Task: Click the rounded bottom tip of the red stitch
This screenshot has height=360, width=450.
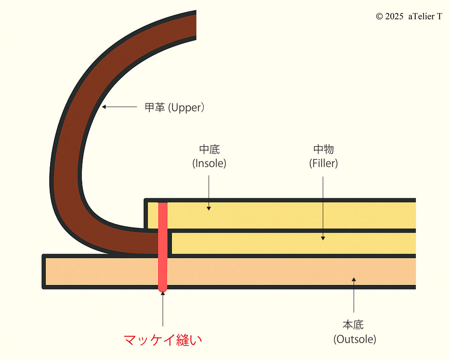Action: (162, 289)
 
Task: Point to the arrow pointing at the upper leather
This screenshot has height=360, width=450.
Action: (120, 107)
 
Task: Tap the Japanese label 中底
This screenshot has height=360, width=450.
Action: (209, 150)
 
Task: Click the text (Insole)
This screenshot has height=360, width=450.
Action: (209, 163)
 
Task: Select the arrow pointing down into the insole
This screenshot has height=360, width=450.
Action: (209, 191)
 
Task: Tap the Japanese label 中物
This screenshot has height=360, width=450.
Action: (323, 150)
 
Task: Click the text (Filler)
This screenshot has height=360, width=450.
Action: (323, 163)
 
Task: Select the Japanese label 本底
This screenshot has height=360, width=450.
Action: (353, 325)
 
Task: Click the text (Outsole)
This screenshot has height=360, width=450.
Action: (354, 339)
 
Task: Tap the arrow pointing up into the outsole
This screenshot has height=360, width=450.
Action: (354, 296)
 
